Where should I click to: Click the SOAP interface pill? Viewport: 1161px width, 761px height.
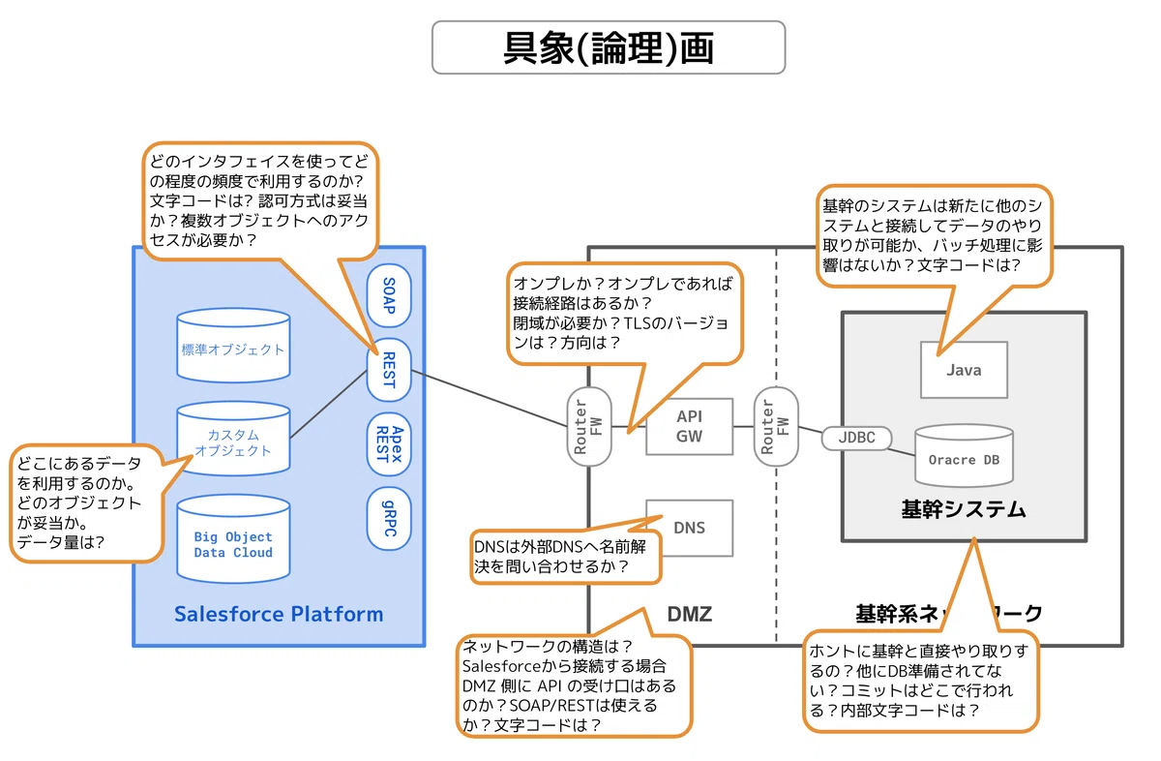point(389,295)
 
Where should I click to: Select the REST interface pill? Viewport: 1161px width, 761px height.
point(389,370)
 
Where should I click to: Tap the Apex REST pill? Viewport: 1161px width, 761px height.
point(389,444)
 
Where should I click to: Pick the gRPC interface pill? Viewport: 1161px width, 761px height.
point(389,518)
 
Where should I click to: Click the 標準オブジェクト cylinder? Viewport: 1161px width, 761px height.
point(233,346)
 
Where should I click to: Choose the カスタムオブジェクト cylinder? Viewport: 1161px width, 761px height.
point(233,439)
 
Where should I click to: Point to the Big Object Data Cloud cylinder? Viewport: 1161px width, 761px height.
point(233,539)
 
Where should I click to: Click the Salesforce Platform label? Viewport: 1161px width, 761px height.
point(279,614)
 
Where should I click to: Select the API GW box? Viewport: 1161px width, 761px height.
point(689,426)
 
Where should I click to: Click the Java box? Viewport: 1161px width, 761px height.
point(964,370)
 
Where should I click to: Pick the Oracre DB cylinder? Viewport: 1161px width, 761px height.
point(964,455)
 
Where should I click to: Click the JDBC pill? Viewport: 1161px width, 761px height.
point(857,438)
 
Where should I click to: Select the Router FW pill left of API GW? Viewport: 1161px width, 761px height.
point(589,426)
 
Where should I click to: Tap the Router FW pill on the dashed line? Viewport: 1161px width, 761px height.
point(776,426)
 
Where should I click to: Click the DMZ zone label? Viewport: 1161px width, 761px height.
point(689,614)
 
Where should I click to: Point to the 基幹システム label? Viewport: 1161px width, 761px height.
point(964,509)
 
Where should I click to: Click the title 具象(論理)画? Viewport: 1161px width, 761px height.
point(609,47)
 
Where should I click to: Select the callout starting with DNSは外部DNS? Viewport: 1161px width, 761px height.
point(566,556)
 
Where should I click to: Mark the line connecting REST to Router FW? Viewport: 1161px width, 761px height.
point(490,398)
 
